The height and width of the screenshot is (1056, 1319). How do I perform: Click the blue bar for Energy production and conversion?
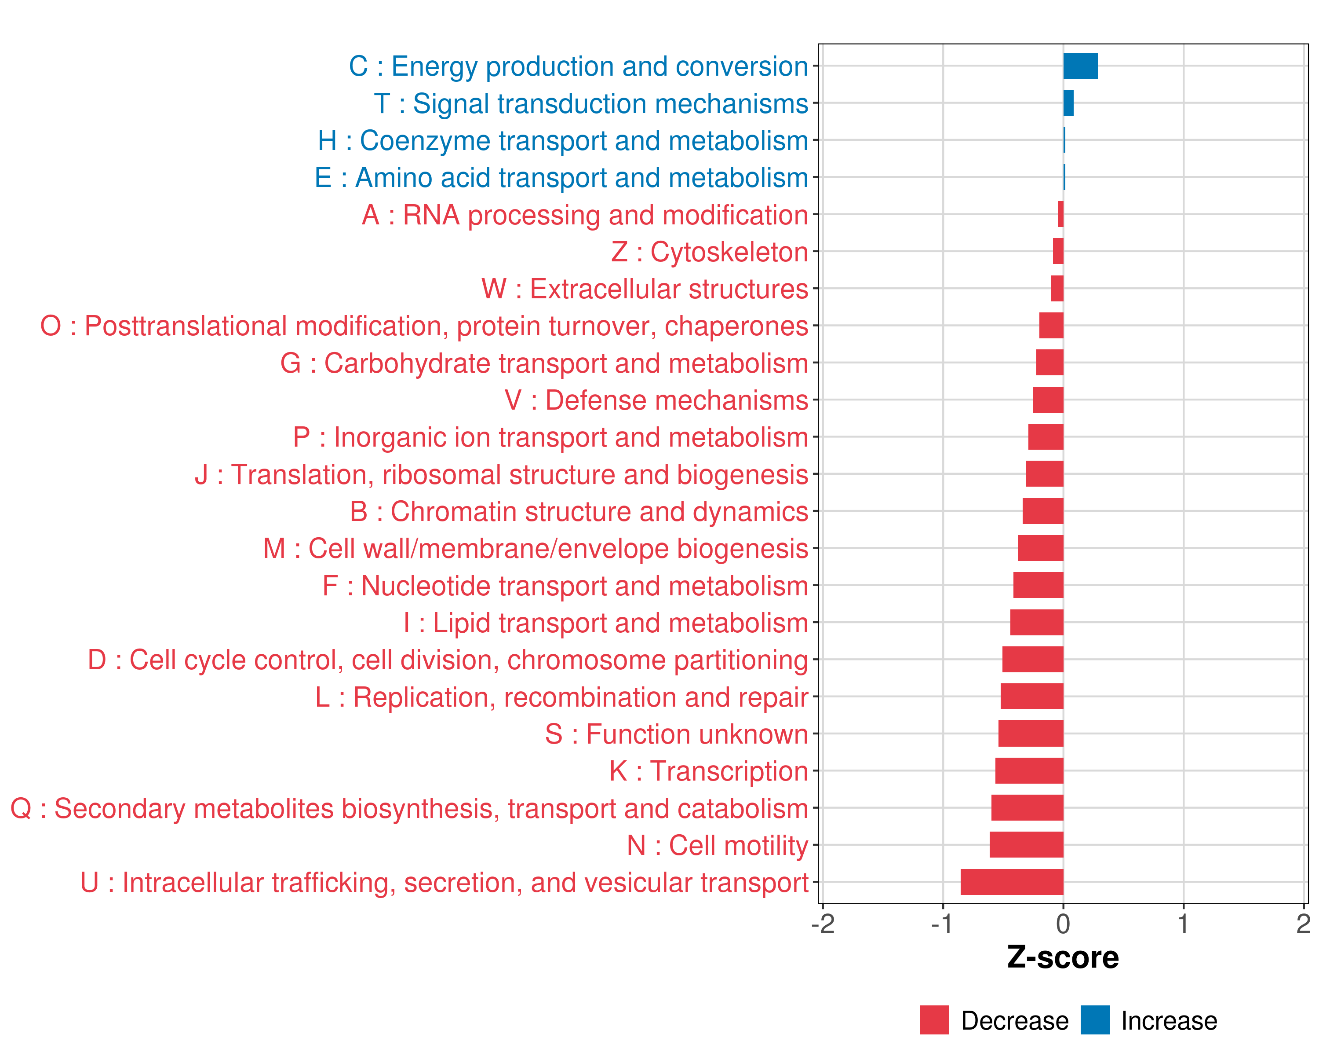pyautogui.click(x=1080, y=66)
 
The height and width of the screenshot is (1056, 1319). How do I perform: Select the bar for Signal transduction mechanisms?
pyautogui.click(x=1068, y=103)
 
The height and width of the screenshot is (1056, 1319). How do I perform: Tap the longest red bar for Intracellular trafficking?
pyautogui.click(x=1011, y=882)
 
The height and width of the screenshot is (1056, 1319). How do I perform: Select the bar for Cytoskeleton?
pyautogui.click(x=1058, y=252)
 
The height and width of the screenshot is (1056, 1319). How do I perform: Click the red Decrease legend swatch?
pyautogui.click(x=934, y=1020)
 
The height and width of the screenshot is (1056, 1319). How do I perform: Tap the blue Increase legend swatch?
pyautogui.click(x=1094, y=1020)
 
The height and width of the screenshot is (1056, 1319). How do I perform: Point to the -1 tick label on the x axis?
pyautogui.click(x=942, y=924)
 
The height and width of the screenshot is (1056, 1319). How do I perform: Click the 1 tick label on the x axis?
pyautogui.click(x=1183, y=924)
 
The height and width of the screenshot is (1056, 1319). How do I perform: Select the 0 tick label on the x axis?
pyautogui.click(x=1063, y=924)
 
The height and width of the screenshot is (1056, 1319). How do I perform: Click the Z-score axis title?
pyautogui.click(x=1063, y=957)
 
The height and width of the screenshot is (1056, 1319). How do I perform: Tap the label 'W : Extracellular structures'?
pyautogui.click(x=645, y=289)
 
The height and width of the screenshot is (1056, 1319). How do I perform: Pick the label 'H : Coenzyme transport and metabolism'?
pyautogui.click(x=563, y=141)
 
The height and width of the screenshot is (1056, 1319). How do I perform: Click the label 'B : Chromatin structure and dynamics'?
pyautogui.click(x=579, y=512)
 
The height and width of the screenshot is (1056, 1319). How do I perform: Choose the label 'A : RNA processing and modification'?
pyautogui.click(x=585, y=215)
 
